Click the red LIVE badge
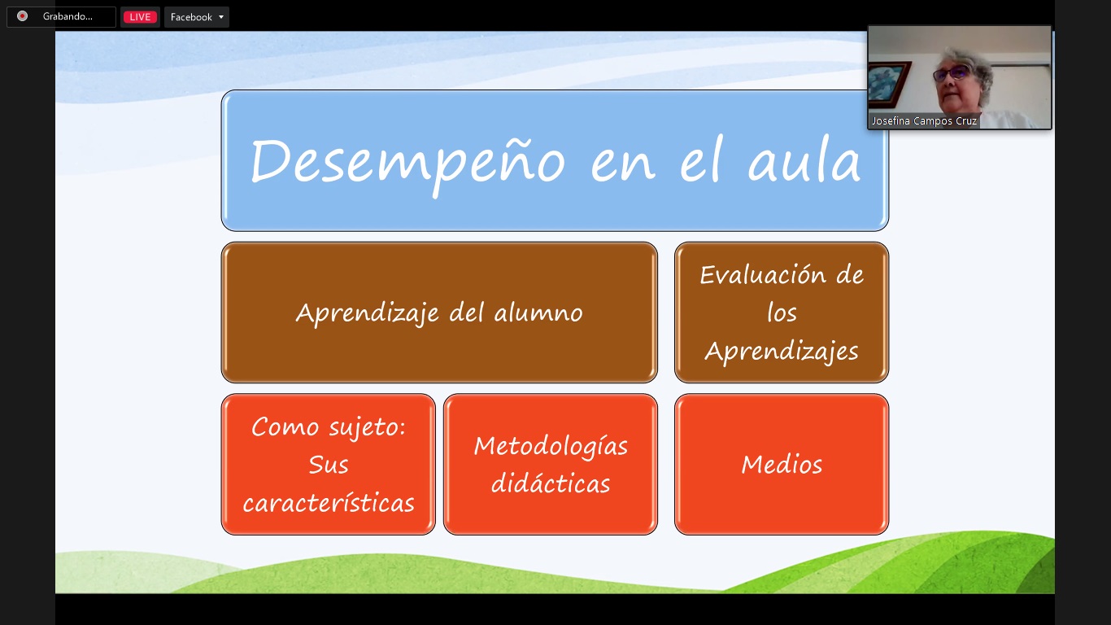point(140,17)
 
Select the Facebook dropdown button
point(196,17)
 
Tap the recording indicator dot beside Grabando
point(22,16)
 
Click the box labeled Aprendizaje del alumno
point(439,312)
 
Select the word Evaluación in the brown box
point(763,274)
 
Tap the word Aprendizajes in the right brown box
point(782,352)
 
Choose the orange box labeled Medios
point(782,464)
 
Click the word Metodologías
point(551,446)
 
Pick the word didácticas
point(551,483)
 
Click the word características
point(329,502)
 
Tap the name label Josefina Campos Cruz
point(925,120)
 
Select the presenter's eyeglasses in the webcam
point(952,73)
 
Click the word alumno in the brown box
point(538,312)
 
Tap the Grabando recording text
point(68,16)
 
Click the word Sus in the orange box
point(329,465)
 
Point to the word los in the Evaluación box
point(782,312)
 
